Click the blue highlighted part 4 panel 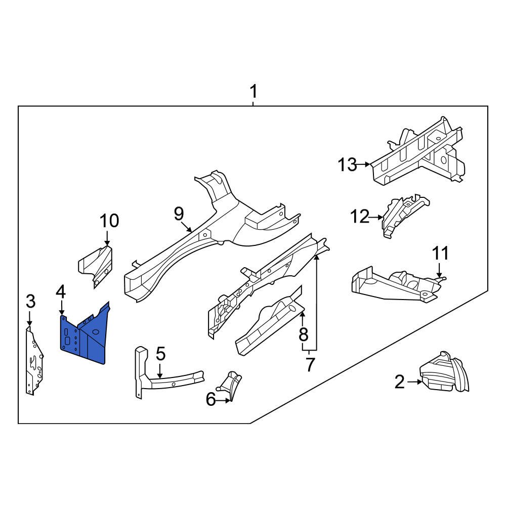pyautogui.click(x=84, y=336)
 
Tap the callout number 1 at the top pyautogui.click(x=254, y=92)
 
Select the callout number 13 pyautogui.click(x=348, y=164)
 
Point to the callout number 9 pyautogui.click(x=179, y=214)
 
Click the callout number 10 pyautogui.click(x=109, y=221)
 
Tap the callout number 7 pyautogui.click(x=310, y=364)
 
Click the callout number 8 pyautogui.click(x=303, y=334)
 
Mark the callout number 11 pyautogui.click(x=440, y=253)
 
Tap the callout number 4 pyautogui.click(x=61, y=292)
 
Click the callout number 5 pyautogui.click(x=160, y=354)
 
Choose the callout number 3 pyautogui.click(x=30, y=302)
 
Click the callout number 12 pyautogui.click(x=360, y=217)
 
